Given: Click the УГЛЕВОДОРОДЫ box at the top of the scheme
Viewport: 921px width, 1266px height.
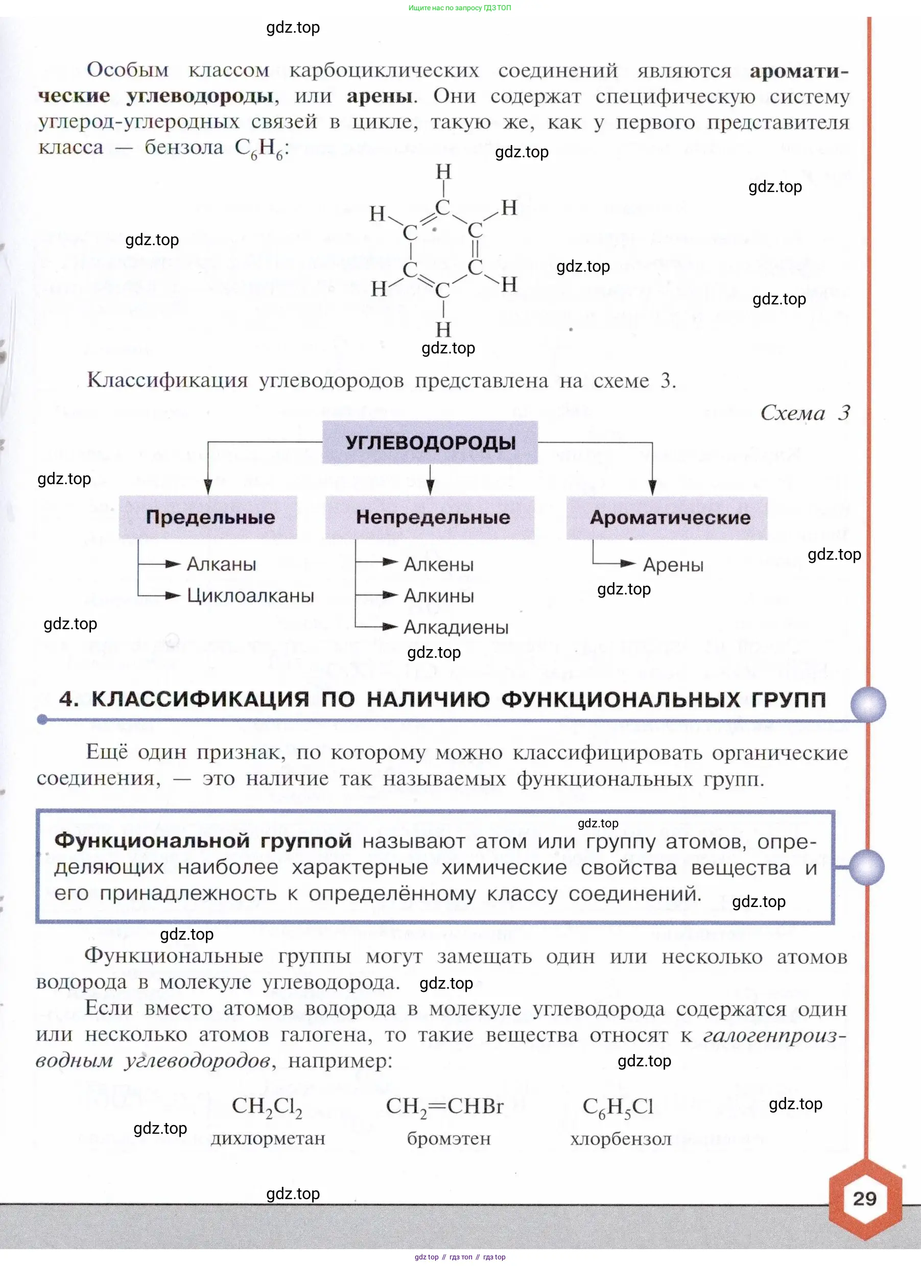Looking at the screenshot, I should tap(430, 443).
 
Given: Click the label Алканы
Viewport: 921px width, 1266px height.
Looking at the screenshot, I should tap(221, 564).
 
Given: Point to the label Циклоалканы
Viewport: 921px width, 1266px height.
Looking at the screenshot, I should tap(250, 595).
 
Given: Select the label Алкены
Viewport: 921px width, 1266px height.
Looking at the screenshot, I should tap(438, 564).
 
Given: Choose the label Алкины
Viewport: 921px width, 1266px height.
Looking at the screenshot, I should tap(439, 595).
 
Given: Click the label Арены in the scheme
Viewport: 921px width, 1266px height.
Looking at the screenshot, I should tap(673, 565).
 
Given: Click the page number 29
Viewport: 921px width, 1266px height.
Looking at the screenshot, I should tap(864, 1199).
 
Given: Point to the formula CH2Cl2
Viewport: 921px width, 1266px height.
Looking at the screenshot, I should tap(267, 1106).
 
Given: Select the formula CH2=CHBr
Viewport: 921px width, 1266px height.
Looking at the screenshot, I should tap(444, 1106).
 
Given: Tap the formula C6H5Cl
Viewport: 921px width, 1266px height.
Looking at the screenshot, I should tap(618, 1106).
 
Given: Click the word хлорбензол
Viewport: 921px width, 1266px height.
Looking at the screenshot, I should tap(621, 1139).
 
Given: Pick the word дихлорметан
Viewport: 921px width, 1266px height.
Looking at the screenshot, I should tap(268, 1138).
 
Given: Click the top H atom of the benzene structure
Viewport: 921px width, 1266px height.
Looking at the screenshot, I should tap(443, 172).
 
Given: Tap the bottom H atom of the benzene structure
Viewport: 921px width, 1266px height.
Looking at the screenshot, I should tap(443, 329).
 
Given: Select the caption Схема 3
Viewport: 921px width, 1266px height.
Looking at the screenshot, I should tap(805, 413).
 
